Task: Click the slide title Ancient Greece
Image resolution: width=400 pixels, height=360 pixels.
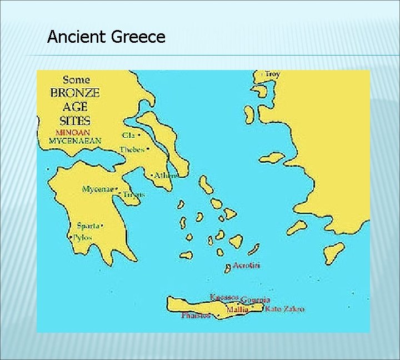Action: pos(106,37)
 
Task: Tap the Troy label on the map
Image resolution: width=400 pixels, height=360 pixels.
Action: pos(273,74)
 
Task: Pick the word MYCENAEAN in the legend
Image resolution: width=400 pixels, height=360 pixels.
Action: pos(75,141)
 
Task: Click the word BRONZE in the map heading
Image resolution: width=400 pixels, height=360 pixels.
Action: pos(75,93)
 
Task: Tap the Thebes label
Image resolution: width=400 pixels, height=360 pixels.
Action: pos(132,149)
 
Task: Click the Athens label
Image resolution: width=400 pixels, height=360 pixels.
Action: pos(166,176)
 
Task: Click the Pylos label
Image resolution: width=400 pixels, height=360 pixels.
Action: pos(83,237)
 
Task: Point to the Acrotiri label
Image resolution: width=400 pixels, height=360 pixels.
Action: pos(246,266)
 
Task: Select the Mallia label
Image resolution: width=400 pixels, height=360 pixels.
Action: pos(236,309)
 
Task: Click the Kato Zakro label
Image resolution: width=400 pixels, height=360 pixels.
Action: pos(284,309)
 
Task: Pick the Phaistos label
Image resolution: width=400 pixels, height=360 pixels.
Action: pos(196,316)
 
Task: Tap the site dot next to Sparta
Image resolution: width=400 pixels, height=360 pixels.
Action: pos(102,226)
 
